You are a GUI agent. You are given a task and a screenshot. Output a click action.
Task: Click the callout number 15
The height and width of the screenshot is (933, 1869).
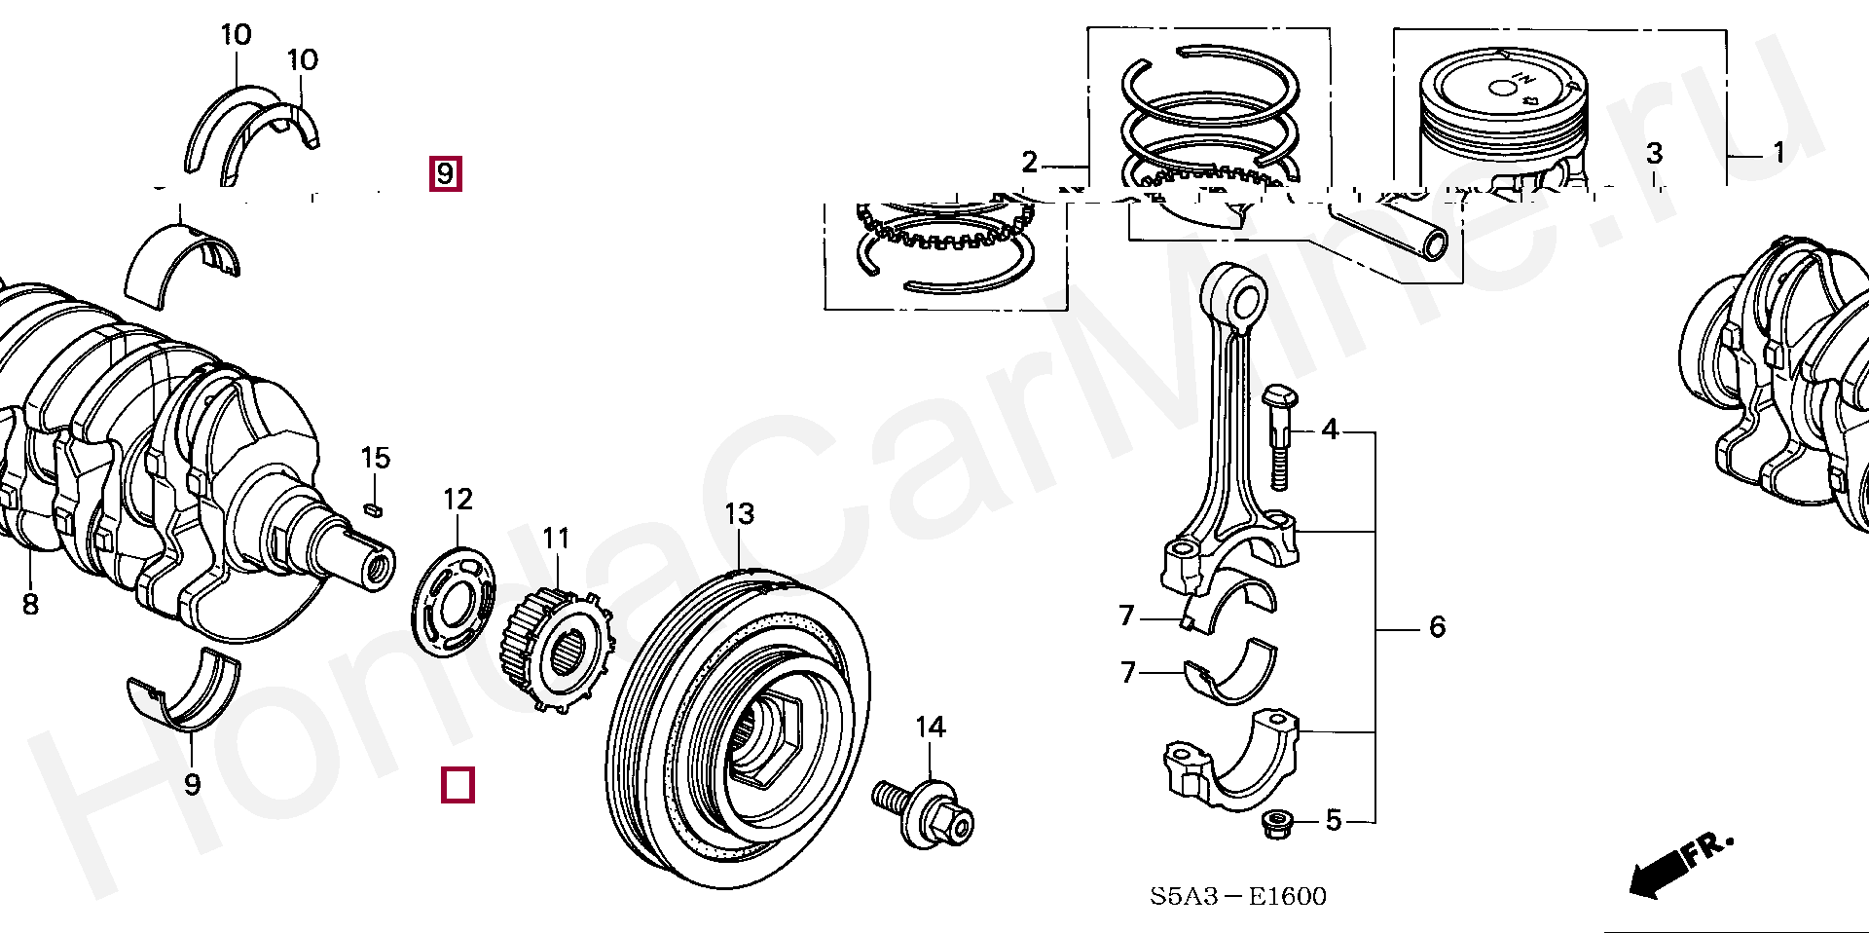(375, 458)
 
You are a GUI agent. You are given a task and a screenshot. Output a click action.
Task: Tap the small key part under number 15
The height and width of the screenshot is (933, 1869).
(372, 508)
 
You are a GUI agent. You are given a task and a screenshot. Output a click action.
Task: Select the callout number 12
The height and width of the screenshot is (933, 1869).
(458, 500)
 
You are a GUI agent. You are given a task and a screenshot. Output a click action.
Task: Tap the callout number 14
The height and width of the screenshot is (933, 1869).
(931, 727)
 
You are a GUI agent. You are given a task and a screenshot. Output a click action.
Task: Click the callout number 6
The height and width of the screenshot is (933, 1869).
(1437, 627)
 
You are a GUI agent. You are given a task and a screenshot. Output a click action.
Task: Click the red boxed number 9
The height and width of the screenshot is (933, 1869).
(446, 174)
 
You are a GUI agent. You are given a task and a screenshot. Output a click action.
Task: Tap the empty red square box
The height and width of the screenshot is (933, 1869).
(458, 784)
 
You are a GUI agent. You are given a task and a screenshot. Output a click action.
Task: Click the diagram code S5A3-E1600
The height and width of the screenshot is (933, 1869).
(1237, 896)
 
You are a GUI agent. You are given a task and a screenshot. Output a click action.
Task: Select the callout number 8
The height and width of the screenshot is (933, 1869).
(30, 605)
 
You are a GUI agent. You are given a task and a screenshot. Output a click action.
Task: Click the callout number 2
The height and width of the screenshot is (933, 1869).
(1030, 163)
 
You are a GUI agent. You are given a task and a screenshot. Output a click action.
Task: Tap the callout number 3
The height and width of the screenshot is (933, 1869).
(1654, 153)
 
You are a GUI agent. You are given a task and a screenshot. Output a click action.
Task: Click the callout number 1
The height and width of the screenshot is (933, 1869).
(1778, 152)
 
